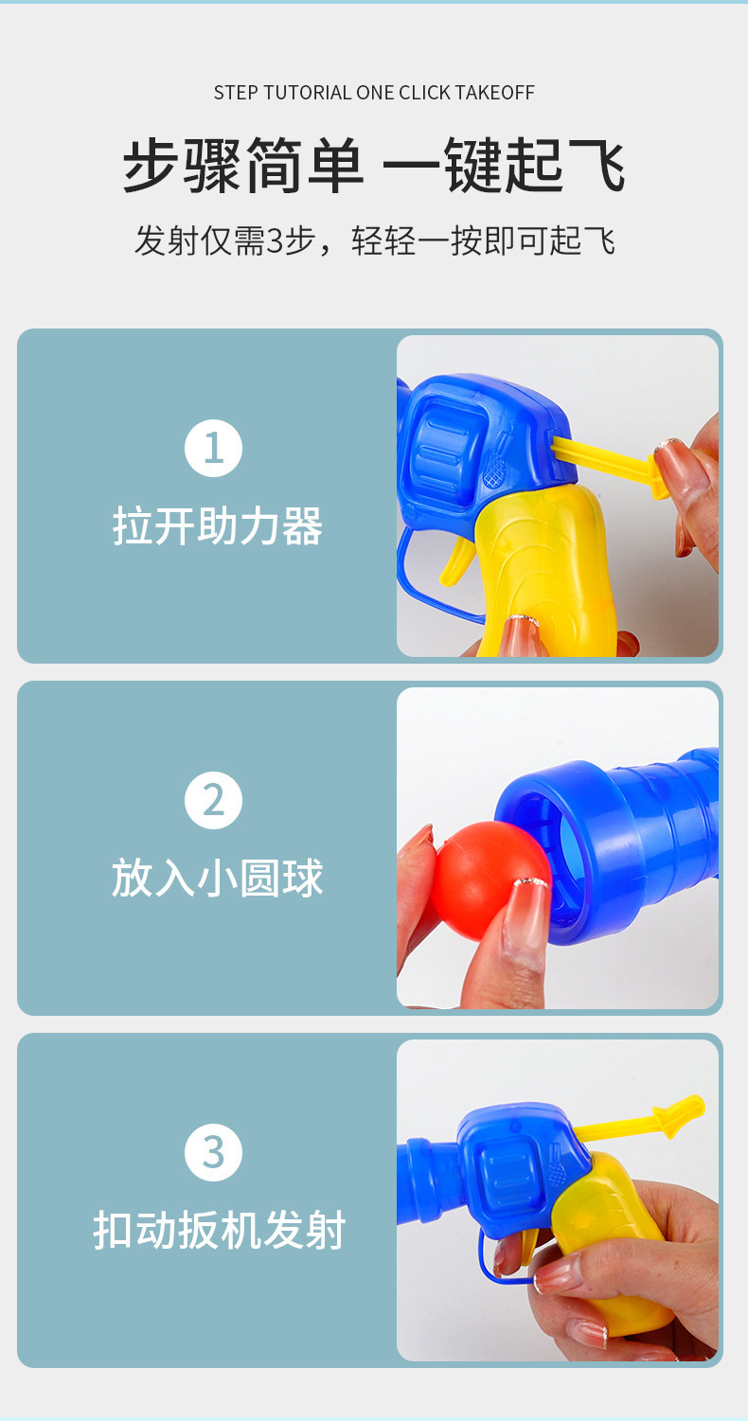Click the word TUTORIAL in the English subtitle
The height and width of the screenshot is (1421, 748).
coord(308,93)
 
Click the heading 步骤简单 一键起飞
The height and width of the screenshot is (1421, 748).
coord(374,166)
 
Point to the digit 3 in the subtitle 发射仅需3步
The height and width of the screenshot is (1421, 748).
coord(274,241)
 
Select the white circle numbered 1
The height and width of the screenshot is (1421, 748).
coord(213,448)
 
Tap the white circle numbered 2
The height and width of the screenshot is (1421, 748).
coord(213,800)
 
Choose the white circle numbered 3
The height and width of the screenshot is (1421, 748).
coord(213,1152)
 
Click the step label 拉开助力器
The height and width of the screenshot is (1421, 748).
coord(218,526)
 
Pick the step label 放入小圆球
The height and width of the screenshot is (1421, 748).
coord(218,878)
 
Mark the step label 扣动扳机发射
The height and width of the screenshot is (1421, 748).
coord(220,1230)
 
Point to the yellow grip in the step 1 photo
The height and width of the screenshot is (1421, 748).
coord(545,571)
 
